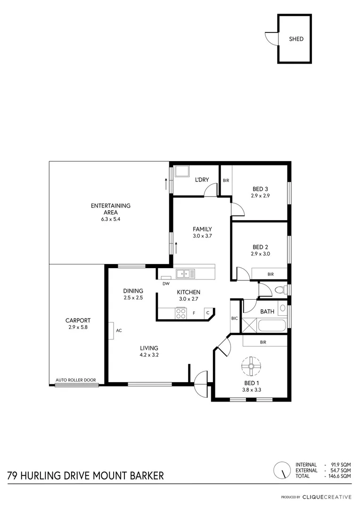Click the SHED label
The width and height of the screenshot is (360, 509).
[x=296, y=39]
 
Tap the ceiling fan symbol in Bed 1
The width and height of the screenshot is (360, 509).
[x=251, y=364]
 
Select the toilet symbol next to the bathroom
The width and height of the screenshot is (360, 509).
[x=280, y=290]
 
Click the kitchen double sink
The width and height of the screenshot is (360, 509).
[x=185, y=273]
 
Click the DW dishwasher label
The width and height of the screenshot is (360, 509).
[x=165, y=284]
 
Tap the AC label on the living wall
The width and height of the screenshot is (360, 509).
[x=119, y=330]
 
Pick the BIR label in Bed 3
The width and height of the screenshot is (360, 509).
[x=226, y=181]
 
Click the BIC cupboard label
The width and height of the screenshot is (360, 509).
[x=235, y=319]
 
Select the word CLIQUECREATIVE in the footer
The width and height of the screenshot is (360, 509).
[x=326, y=497]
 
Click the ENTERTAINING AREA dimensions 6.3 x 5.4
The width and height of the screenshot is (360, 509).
[x=111, y=219]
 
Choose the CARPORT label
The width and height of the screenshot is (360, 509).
[x=78, y=320]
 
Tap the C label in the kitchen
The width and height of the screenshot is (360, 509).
[x=207, y=312]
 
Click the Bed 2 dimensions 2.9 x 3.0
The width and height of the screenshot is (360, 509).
[x=260, y=254]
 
